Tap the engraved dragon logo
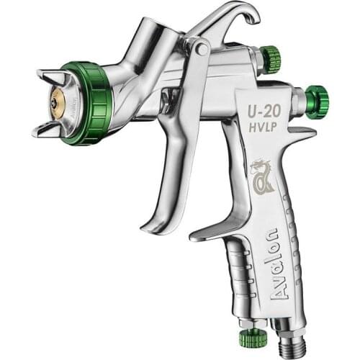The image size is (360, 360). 261,176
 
